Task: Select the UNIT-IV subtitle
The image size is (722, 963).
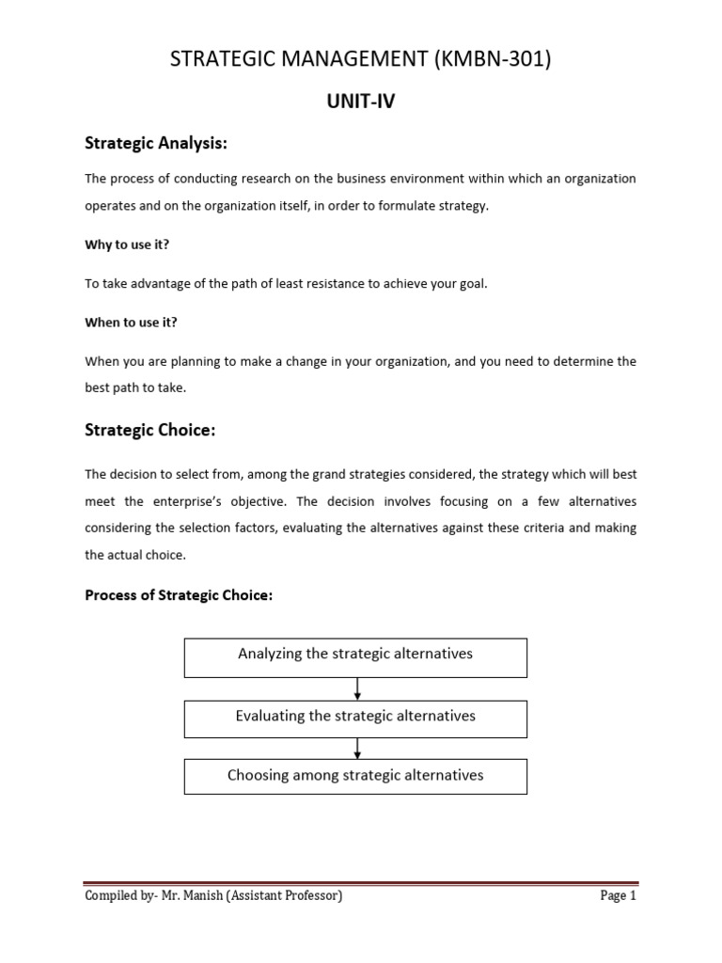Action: tap(360, 102)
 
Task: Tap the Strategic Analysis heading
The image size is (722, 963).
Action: tap(157, 143)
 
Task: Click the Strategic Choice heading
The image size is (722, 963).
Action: tap(150, 430)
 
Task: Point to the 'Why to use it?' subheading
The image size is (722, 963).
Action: tap(127, 245)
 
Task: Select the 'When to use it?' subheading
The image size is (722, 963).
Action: tap(131, 322)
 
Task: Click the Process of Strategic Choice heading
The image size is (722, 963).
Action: tap(179, 594)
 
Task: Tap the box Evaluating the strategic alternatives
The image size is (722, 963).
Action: tap(355, 718)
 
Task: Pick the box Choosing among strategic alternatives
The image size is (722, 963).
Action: tap(355, 777)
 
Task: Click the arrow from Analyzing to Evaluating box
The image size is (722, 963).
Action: tap(357, 688)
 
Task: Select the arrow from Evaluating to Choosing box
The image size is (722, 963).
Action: tap(357, 749)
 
